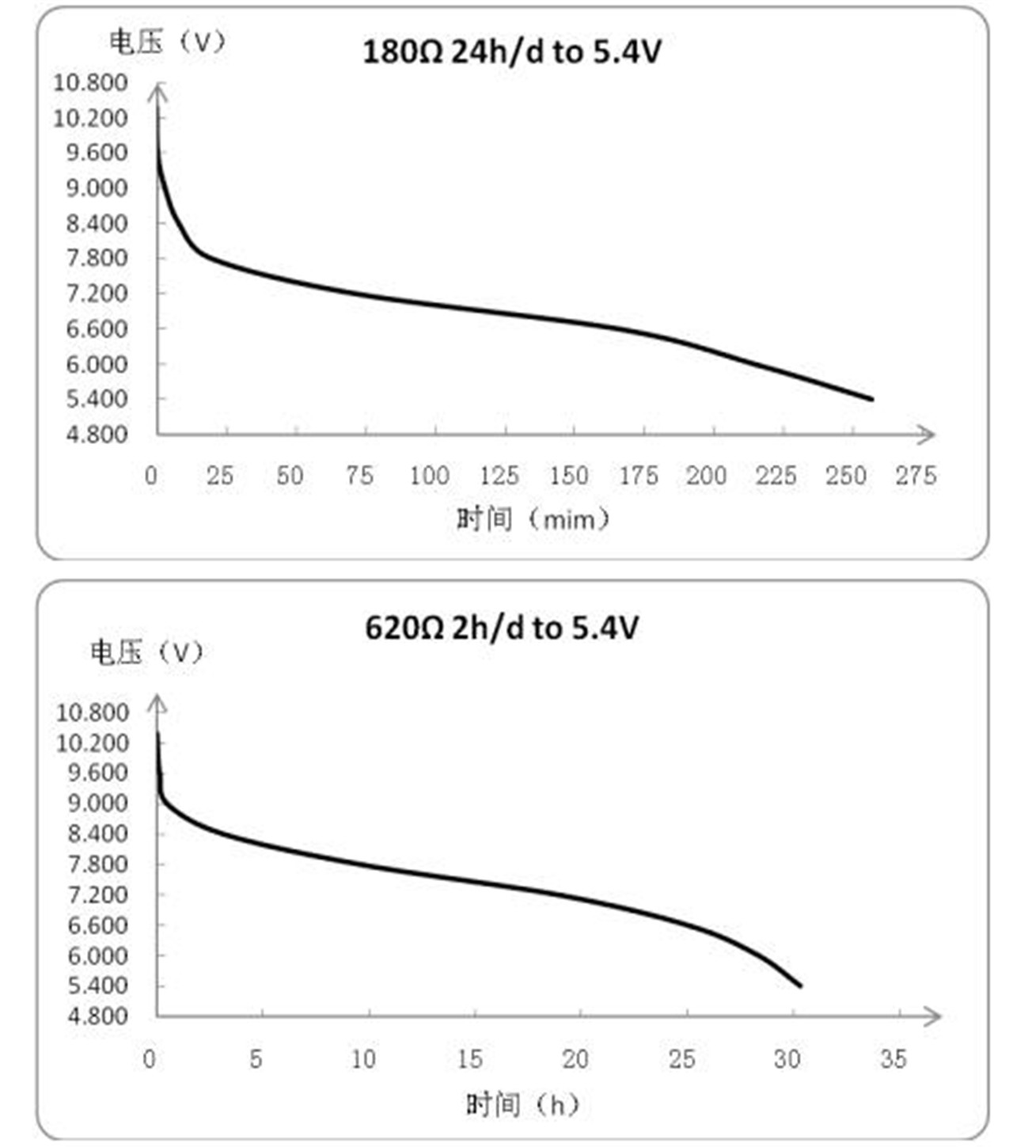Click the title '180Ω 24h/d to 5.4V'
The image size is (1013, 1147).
coord(511,52)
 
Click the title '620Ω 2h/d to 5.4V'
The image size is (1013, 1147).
coord(501,629)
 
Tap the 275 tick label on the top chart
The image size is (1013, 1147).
coord(916,476)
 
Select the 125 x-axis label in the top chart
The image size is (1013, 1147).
coord(499,476)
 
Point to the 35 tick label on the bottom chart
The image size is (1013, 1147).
coord(893,1059)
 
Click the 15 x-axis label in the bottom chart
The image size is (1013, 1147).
coord(469,1059)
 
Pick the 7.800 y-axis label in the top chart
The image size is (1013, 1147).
coord(97,258)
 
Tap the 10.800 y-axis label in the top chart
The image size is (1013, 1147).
coord(90,82)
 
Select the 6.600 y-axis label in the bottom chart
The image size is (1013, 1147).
coord(97,925)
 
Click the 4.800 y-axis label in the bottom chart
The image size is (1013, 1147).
coord(97,1016)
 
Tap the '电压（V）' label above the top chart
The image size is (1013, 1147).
coord(167,42)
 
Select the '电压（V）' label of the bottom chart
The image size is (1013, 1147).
coord(147,652)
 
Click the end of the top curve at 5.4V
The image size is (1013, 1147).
coord(871,399)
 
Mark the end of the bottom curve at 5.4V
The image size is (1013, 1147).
coord(801,986)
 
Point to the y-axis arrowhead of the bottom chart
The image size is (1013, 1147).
coord(158,702)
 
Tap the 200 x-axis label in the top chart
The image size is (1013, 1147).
coord(706,476)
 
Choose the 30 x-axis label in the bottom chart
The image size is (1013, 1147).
coord(787,1059)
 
